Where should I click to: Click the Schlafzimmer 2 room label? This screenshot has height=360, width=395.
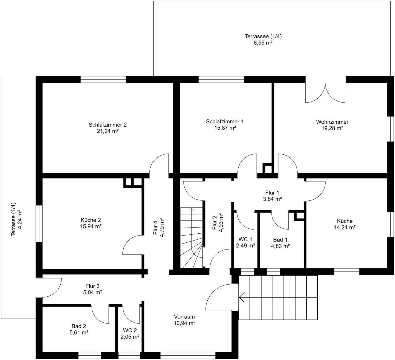point(108,125)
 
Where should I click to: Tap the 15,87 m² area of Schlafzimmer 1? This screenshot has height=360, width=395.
point(225,128)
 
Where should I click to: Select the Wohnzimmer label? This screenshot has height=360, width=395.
point(332,122)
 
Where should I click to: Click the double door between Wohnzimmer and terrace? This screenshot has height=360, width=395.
point(325,92)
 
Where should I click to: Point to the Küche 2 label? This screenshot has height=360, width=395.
point(91,220)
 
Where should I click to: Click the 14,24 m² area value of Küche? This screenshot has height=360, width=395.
point(345,227)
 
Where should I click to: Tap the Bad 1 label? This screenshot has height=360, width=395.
point(280,240)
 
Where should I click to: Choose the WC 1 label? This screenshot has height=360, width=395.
point(245,239)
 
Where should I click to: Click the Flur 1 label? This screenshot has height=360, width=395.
point(272,192)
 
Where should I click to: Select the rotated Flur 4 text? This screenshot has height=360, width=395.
point(156,228)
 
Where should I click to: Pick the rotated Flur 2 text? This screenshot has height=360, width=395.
point(215,223)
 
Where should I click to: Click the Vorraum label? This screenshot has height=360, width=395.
point(184,317)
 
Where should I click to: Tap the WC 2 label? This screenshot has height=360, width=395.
point(130,330)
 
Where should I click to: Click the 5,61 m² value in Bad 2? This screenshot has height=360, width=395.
point(79,332)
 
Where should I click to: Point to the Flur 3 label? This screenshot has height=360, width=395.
point(92,286)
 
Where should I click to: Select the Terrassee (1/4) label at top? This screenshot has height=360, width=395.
point(263,36)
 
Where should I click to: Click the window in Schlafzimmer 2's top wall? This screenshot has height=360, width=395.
point(103,79)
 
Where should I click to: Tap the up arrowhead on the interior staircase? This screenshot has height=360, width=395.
point(191,209)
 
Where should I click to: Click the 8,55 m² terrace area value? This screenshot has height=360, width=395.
point(263,43)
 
